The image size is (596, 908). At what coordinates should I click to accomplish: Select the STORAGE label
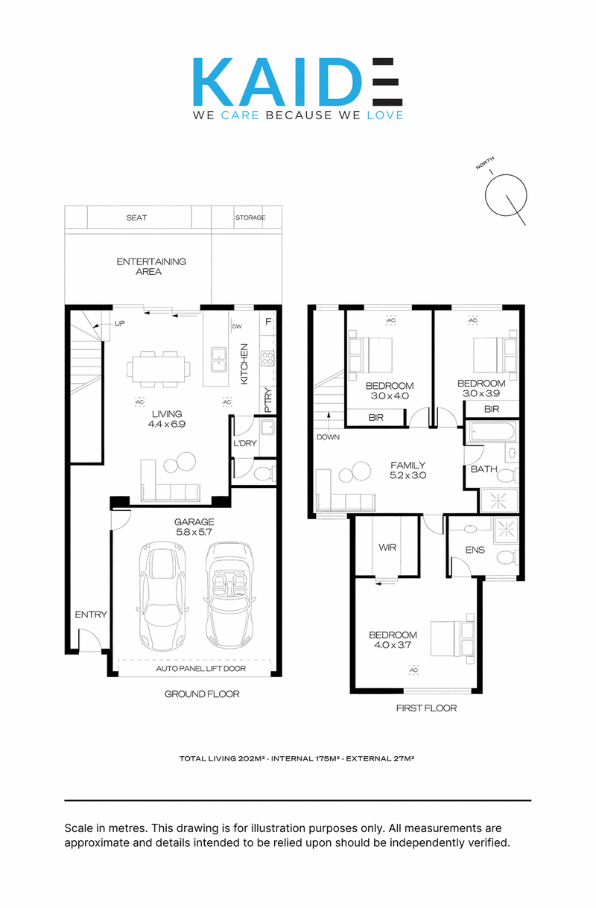click(250, 218)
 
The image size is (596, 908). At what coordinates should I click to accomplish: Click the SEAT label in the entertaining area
click(136, 218)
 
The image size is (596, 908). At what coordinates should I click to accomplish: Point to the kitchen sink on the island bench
click(218, 359)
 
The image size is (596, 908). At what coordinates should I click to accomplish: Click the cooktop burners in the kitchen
click(267, 358)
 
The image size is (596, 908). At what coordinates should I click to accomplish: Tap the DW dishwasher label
click(237, 326)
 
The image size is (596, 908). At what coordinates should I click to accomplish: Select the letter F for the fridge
click(267, 322)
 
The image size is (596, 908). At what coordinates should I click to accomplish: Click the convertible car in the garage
click(230, 595)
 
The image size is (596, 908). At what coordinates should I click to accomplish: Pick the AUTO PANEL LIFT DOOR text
click(200, 668)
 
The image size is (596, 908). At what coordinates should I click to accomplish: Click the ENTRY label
click(91, 615)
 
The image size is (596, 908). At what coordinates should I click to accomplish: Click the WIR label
click(387, 547)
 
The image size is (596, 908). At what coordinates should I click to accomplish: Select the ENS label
click(475, 550)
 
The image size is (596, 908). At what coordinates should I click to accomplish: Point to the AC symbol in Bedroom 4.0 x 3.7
click(413, 670)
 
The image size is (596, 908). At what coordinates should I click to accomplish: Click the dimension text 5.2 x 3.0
click(408, 475)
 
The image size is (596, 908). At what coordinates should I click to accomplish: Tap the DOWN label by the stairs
click(328, 437)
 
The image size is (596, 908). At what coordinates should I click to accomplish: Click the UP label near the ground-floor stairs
click(120, 323)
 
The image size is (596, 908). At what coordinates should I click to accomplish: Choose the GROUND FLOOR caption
click(202, 694)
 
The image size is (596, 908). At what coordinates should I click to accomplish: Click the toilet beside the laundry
click(264, 473)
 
